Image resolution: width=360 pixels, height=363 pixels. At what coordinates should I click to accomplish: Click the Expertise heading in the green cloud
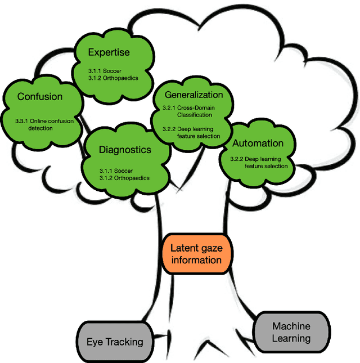pos(109,52)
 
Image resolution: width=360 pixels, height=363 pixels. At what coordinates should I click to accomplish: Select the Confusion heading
pos(40,97)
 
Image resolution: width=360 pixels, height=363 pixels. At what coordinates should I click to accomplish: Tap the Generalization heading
pos(193,95)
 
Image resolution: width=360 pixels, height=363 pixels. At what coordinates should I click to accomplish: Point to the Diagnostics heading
pos(125,150)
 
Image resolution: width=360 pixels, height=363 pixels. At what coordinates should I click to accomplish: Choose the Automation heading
pos(258,144)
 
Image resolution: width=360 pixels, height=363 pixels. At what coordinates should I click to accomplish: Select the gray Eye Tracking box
pos(114,341)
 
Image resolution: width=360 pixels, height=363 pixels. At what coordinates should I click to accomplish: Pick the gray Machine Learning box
pos(291,332)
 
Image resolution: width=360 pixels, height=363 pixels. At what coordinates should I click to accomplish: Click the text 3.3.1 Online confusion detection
pos(40,124)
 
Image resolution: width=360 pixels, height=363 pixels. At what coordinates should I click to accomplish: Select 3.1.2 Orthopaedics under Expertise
pos(113,78)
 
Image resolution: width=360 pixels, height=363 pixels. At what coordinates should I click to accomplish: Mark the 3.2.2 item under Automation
pos(259,162)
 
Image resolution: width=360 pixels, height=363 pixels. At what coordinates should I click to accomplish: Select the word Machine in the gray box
pos(291,326)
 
